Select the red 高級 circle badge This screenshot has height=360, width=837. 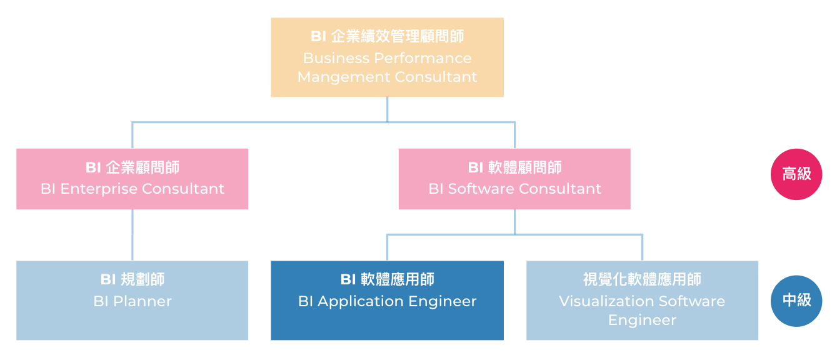point(796,174)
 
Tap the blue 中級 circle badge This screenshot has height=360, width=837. point(796,301)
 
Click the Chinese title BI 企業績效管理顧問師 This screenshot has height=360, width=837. point(387,37)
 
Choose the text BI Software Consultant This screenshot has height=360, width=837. point(514,189)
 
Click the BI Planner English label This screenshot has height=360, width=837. point(132,301)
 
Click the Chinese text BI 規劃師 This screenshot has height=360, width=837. point(132,279)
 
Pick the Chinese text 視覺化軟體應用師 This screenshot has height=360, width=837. point(642,279)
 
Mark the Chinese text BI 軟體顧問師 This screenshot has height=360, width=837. point(514,167)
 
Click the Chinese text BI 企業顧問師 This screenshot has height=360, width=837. point(132,167)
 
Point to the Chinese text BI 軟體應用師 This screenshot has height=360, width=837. point(387,279)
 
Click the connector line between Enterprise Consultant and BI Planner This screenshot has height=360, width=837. point(133,234)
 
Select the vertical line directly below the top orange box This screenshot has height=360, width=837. point(387,109)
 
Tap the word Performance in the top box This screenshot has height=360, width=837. point(423,58)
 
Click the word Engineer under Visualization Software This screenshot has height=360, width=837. point(642,320)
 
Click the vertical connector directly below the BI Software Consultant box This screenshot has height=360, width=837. point(514,221)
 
